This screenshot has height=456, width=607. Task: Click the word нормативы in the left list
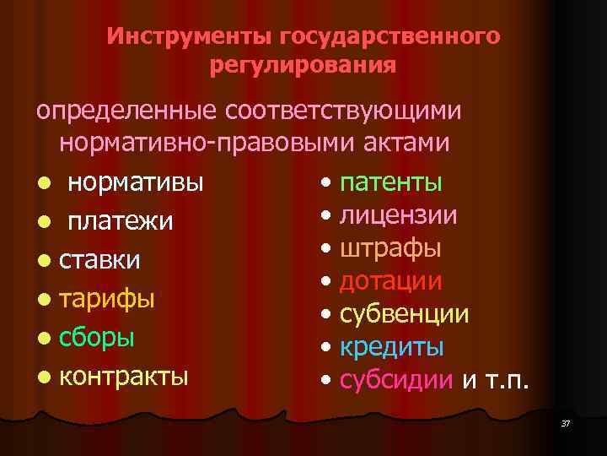tap(135, 182)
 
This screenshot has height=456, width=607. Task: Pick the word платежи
tap(121, 221)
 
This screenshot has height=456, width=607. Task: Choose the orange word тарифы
tap(107, 298)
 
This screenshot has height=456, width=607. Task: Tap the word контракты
tap(124, 375)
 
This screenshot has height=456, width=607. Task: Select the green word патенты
tap(391, 182)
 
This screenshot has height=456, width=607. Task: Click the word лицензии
tap(399, 215)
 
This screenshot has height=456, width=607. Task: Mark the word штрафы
tap(390, 248)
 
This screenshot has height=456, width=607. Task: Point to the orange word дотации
tap(391, 281)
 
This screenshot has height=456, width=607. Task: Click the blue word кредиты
tap(392, 347)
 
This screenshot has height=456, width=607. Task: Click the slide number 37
tap(565, 422)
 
